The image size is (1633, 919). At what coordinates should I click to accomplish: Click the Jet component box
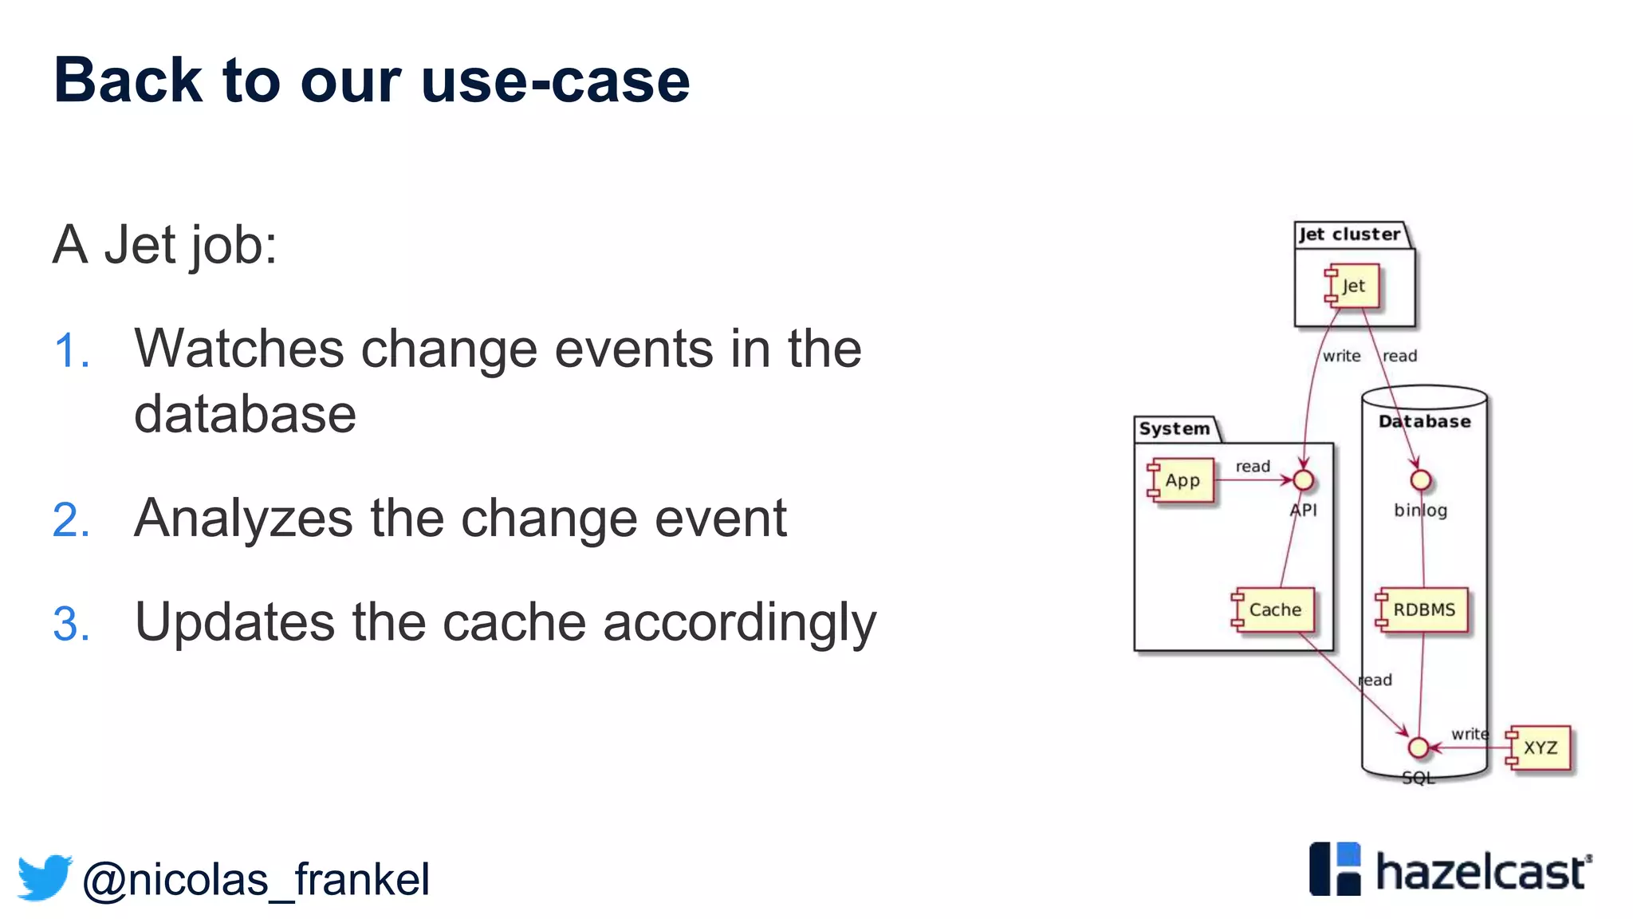coord(1353,286)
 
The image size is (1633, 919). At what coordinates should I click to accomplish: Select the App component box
coord(1182,480)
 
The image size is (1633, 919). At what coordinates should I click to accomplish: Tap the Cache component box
coord(1274,609)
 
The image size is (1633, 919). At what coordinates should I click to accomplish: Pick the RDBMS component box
coord(1423,609)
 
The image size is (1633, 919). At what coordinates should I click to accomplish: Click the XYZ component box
coord(1540,747)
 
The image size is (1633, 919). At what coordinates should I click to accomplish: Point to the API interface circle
coord(1303,480)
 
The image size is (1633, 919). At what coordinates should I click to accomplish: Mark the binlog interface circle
coord(1420,480)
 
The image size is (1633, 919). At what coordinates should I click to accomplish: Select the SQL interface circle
coord(1418,747)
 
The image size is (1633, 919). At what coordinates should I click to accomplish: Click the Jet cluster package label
coord(1349,235)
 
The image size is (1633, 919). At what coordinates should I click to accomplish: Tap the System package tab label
coord(1175,429)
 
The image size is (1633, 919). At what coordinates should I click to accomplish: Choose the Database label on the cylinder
coord(1424,421)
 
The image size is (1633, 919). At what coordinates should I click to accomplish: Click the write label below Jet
coord(1341,356)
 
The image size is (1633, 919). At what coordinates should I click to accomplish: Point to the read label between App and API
coord(1253,466)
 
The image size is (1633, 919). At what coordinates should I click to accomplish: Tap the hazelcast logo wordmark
coord(1482,871)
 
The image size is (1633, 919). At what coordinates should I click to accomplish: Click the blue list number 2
coord(70,520)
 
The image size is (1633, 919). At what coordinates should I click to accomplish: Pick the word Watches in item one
coord(239,349)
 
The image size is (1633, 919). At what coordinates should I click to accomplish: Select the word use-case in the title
coord(555,81)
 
